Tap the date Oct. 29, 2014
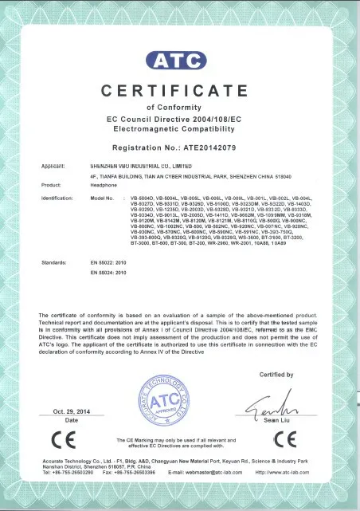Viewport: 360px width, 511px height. pyautogui.click(x=70, y=411)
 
